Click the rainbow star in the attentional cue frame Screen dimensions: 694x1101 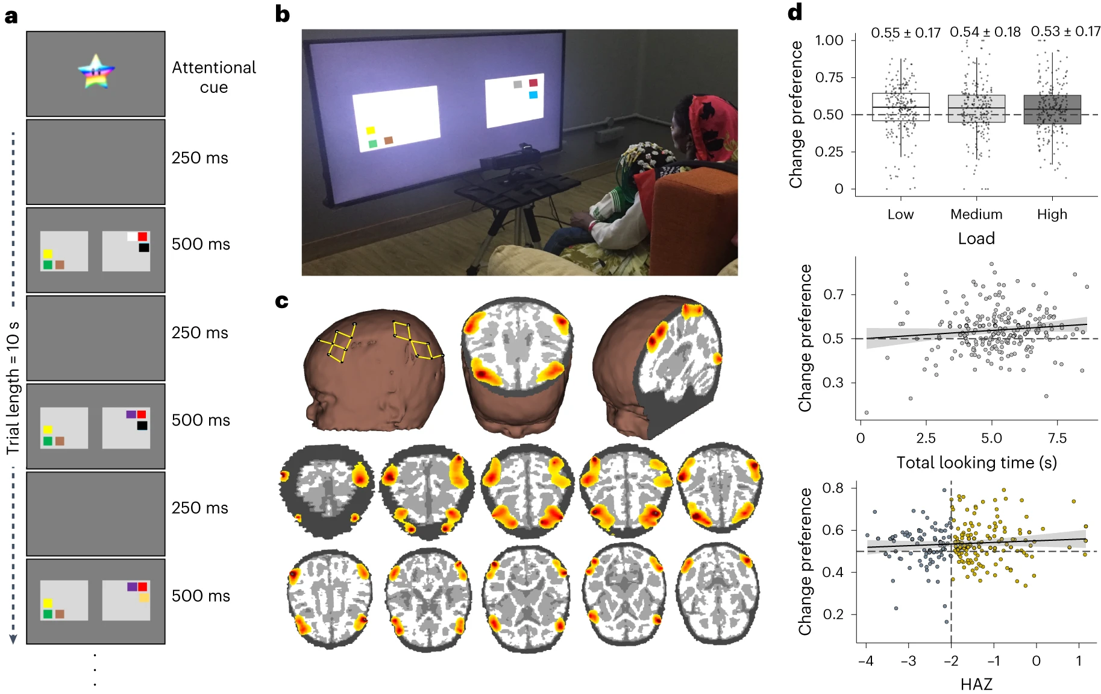[x=96, y=71]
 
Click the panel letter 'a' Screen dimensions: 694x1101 [x=11, y=16]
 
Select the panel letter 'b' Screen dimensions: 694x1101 [x=282, y=14]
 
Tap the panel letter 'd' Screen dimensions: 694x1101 [x=795, y=12]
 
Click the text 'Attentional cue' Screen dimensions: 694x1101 [x=214, y=77]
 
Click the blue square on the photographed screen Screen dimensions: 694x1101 [x=533, y=95]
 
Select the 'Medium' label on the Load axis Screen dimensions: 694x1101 [x=976, y=214]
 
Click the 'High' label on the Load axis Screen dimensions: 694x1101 [x=1052, y=214]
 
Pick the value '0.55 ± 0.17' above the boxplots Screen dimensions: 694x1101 [x=905, y=33]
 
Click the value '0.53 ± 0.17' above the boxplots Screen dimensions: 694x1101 [x=1065, y=31]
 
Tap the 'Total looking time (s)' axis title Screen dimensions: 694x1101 [x=976, y=462]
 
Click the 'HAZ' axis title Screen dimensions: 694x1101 [x=976, y=684]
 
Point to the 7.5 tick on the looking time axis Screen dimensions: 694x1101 [x=1057, y=438]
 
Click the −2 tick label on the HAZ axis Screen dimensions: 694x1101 [x=950, y=661]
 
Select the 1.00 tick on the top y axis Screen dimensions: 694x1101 [x=829, y=40]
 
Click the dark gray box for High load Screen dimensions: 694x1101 [x=1052, y=110]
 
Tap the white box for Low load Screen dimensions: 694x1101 [x=900, y=107]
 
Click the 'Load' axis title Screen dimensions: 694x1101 [x=976, y=238]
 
